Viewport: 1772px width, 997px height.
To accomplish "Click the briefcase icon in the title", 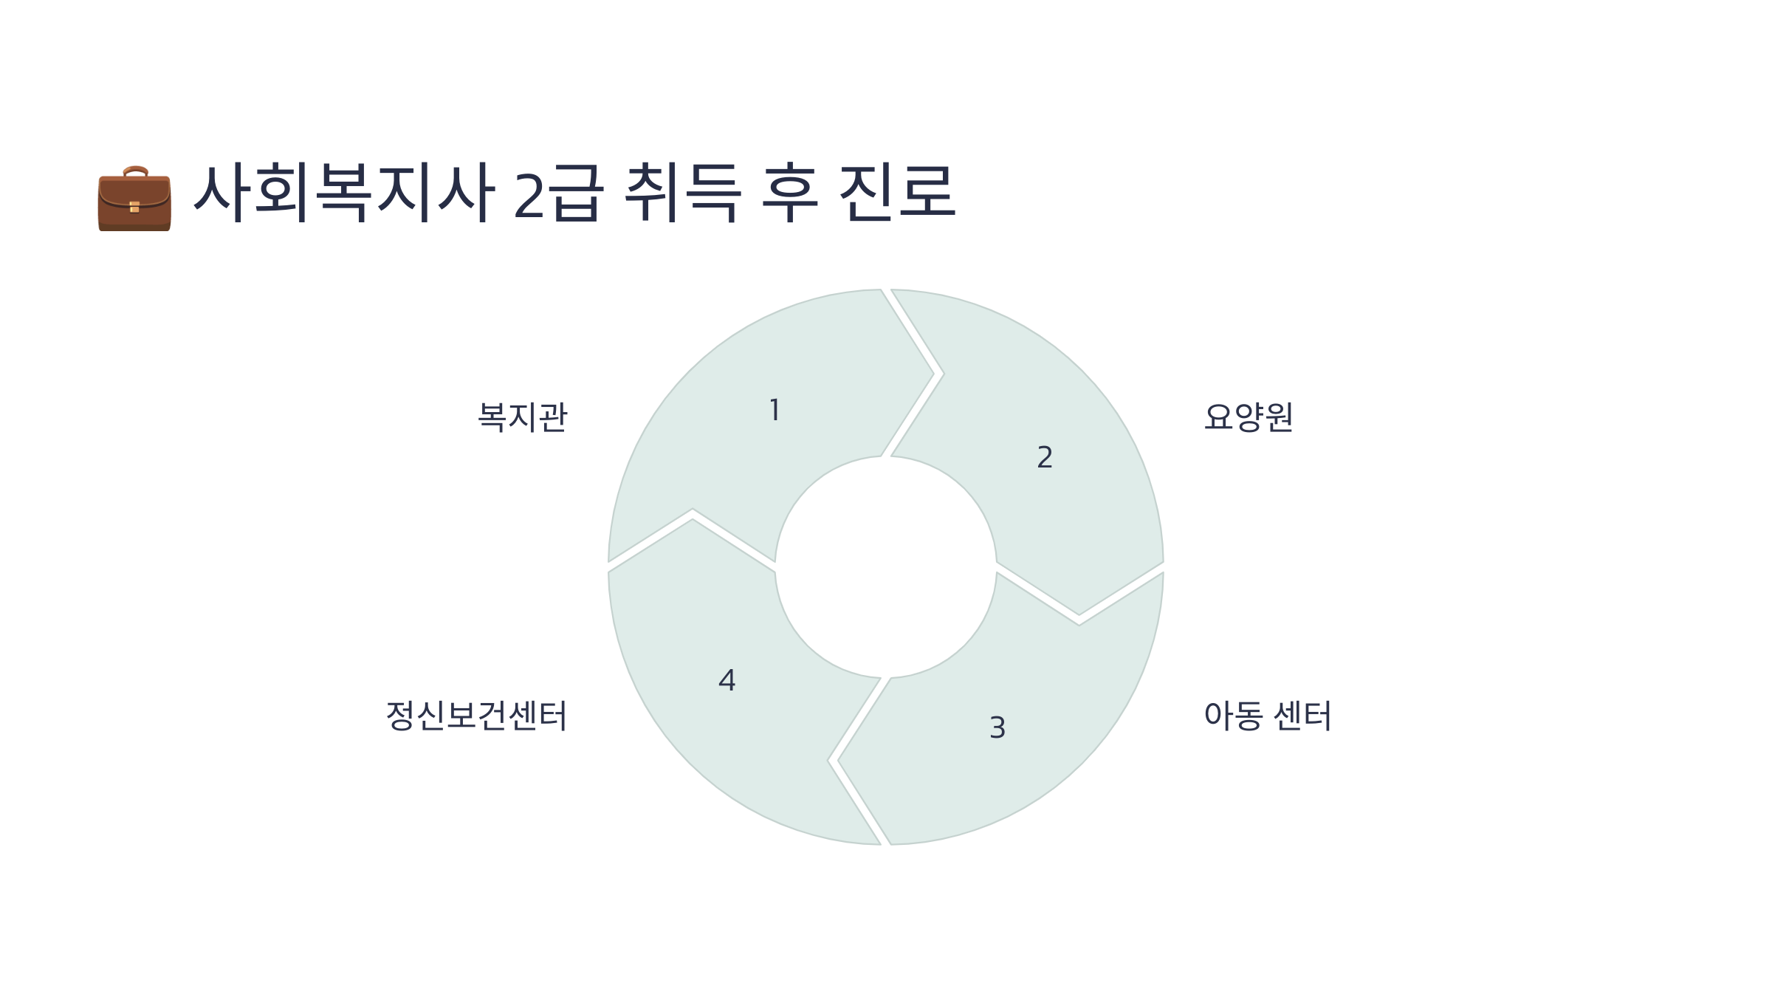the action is point(134,199).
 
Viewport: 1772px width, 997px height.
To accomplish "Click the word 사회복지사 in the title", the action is point(343,193).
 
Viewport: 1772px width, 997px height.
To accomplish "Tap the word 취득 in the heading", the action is point(681,193).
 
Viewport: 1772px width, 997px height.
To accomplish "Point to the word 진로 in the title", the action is point(897,193).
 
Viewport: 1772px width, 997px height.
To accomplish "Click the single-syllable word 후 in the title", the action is point(789,193).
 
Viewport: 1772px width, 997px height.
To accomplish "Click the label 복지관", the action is point(522,417).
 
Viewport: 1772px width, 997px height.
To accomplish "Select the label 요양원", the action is point(1248,417).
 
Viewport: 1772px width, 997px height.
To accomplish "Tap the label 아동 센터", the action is point(1267,716).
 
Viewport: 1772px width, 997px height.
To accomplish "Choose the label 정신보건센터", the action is point(476,716).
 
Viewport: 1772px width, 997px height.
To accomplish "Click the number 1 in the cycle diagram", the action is point(775,410).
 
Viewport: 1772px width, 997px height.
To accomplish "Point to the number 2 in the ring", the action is point(1044,457).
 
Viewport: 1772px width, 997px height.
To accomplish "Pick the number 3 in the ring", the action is point(997,727).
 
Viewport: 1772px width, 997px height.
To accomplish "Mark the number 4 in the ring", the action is point(727,680).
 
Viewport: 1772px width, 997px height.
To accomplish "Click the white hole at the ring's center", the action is point(885,566).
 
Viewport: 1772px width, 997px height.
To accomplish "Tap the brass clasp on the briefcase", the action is point(134,207).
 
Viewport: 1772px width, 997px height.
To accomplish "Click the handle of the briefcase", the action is point(135,171).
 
